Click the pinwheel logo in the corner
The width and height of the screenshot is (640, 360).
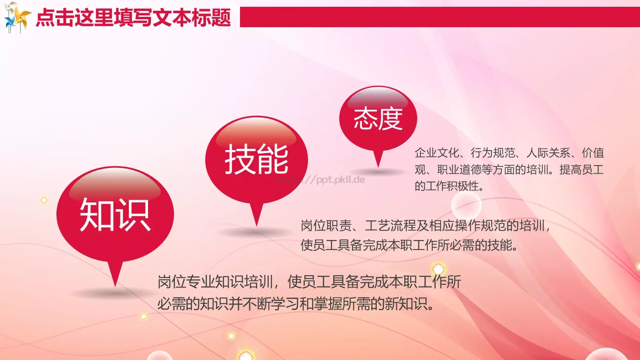[17, 17]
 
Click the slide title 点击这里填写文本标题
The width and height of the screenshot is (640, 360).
[133, 18]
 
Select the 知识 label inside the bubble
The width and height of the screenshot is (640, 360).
[115, 215]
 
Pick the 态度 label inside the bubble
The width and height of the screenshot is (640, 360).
[378, 119]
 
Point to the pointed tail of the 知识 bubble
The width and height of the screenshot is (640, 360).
[115, 276]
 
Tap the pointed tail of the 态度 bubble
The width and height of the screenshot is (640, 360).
[378, 160]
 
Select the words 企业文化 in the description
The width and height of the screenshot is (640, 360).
[437, 153]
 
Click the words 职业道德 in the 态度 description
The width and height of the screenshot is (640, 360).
[459, 170]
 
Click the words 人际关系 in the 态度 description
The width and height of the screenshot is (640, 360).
[548, 153]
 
